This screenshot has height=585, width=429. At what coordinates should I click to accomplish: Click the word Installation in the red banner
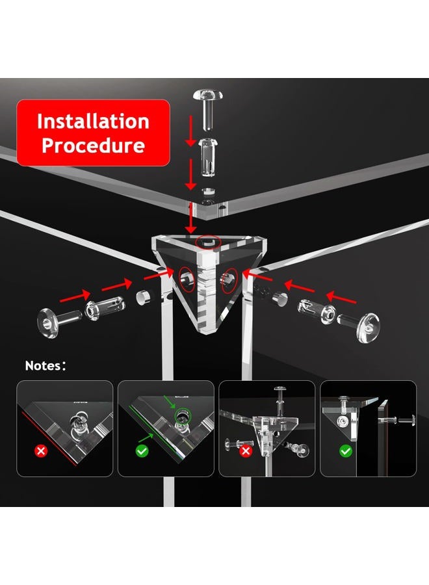tap(93, 122)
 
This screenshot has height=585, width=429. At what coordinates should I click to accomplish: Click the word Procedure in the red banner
tap(93, 146)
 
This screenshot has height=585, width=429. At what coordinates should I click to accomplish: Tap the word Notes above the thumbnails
tap(43, 365)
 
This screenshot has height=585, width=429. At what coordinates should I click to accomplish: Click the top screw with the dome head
tap(208, 109)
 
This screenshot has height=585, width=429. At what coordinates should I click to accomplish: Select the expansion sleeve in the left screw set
tap(104, 307)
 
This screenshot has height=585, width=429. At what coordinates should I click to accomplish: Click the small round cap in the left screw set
tap(142, 297)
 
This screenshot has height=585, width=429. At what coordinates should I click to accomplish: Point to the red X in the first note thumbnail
tap(41, 450)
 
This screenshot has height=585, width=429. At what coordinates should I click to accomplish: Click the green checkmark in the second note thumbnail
tap(142, 450)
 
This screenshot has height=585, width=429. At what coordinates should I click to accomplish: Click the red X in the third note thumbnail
tap(245, 451)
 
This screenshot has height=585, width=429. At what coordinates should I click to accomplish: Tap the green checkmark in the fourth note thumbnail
tap(345, 451)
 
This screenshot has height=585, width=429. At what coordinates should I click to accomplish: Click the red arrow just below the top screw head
tap(190, 131)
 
